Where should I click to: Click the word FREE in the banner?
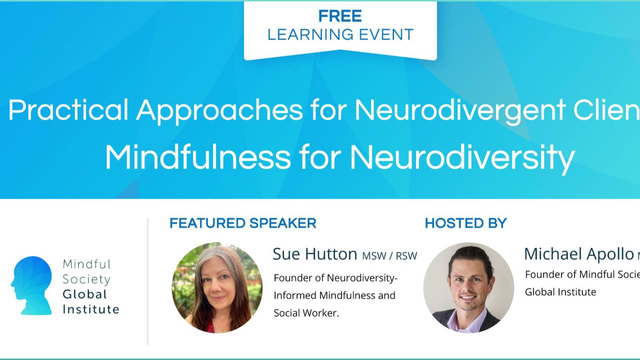[x=340, y=16]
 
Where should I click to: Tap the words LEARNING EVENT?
[x=340, y=34]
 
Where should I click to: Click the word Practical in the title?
[x=68, y=109]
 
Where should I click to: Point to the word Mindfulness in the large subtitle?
[x=197, y=157]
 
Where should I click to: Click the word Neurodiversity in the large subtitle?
[x=462, y=158]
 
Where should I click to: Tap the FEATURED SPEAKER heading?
[x=242, y=223]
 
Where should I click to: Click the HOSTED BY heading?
[x=465, y=223]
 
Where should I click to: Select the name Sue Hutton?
[x=314, y=254]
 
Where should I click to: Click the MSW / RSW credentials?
[x=389, y=256]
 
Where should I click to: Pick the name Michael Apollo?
[x=578, y=254]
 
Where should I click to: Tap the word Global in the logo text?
[x=85, y=294]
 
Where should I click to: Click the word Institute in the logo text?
[x=91, y=309]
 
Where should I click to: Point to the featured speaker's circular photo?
[x=217, y=287]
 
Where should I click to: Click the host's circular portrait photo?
[x=468, y=287]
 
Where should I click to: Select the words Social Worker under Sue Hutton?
[x=306, y=313]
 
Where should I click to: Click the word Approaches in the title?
[x=219, y=110]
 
